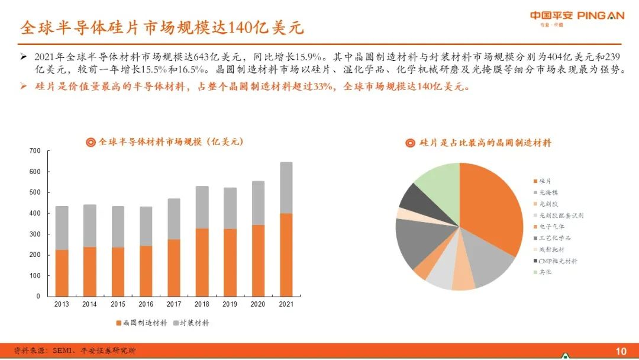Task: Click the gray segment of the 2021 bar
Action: [x=286, y=188]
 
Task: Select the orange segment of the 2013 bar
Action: [x=62, y=273]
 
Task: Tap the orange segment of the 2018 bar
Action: [x=202, y=262]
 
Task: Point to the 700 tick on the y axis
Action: [x=35, y=151]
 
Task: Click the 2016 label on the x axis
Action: [x=146, y=304]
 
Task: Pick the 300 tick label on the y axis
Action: [x=35, y=234]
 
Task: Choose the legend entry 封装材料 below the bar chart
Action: [x=191, y=323]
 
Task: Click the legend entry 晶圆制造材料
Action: [x=141, y=323]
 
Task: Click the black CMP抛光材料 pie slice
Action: [x=419, y=200]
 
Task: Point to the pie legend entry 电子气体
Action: [x=549, y=227]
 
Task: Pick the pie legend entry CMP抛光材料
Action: [x=555, y=261]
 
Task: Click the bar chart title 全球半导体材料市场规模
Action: [x=164, y=142]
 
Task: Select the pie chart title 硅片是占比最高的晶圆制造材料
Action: [x=479, y=143]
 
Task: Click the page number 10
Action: [x=621, y=351]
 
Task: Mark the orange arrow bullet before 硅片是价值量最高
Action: [x=24, y=86]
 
